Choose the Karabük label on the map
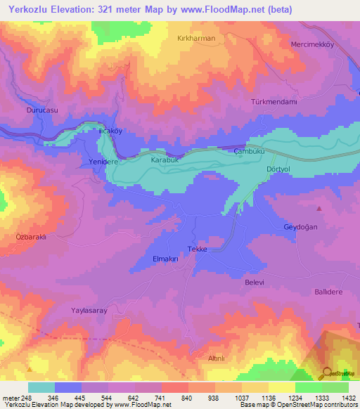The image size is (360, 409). pos(166,160)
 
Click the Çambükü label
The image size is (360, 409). pos(249,151)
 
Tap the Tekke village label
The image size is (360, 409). pos(197,249)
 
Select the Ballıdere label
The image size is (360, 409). pos(330,290)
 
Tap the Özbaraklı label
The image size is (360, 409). pos(30,237)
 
